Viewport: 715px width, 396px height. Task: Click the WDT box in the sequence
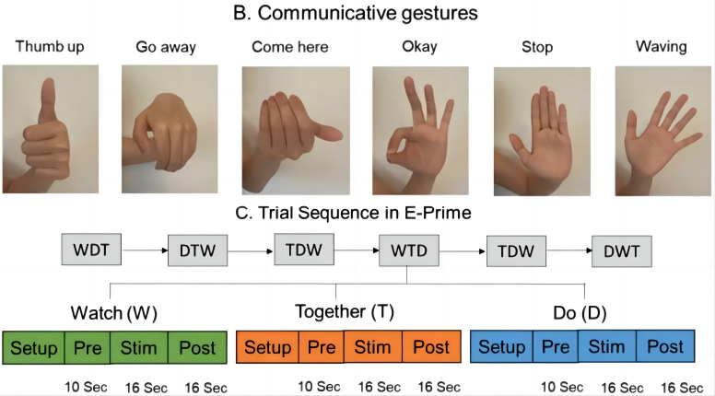90,249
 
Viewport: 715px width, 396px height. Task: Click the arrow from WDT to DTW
143,249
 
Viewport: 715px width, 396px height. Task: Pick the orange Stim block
373,348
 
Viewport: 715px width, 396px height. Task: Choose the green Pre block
87,348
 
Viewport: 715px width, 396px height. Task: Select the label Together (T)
344,311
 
